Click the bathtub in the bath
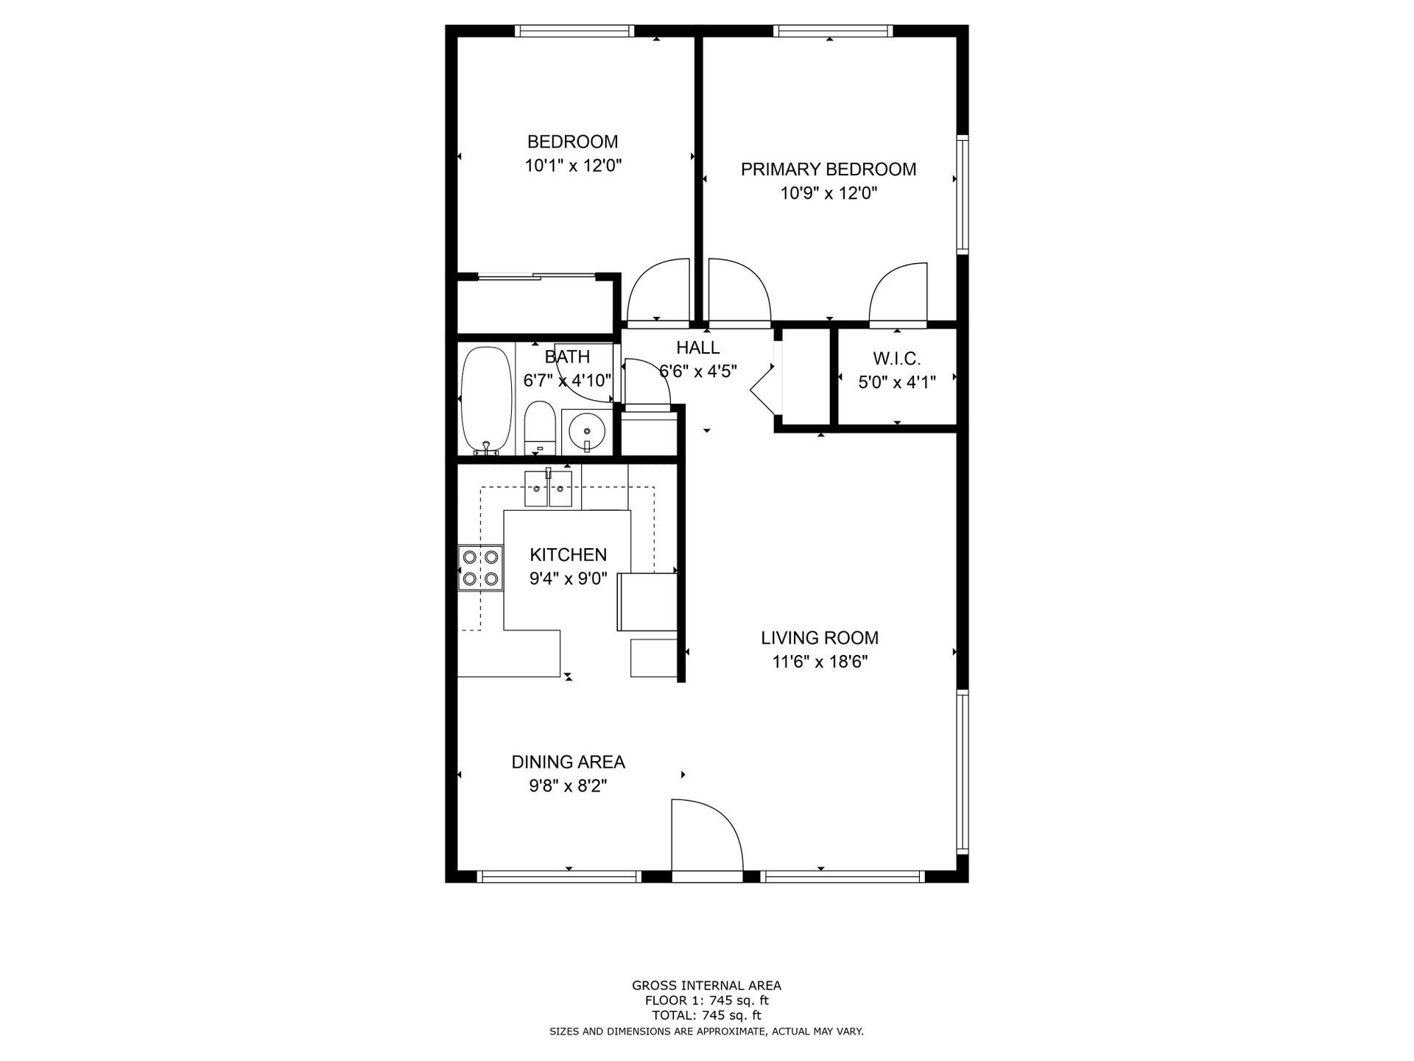(486, 402)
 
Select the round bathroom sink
(587, 432)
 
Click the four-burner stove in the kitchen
(480, 568)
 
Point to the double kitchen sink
(548, 489)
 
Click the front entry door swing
(703, 833)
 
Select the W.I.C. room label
(896, 359)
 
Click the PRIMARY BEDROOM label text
(828, 169)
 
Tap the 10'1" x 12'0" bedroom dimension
(572, 166)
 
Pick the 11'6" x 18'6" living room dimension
(820, 662)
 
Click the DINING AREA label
(568, 762)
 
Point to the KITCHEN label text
(568, 555)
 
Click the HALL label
(697, 348)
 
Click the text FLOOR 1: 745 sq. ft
(706, 1001)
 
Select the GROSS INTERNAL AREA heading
(706, 985)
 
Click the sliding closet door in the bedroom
(536, 277)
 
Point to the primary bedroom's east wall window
(962, 194)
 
